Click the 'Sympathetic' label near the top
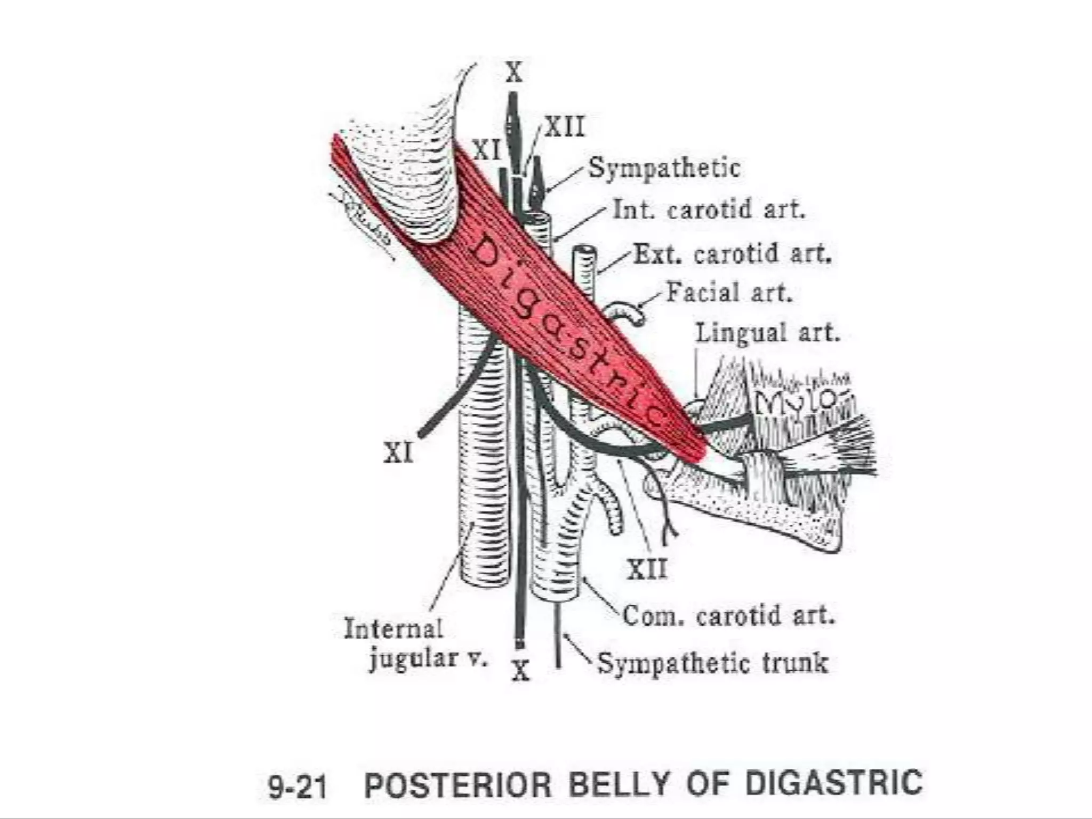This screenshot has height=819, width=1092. [664, 168]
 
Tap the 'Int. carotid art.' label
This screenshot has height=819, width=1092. [709, 210]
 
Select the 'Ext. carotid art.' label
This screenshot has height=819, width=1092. [733, 254]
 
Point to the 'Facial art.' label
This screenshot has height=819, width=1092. [729, 293]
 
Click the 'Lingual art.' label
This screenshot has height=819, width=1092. [767, 333]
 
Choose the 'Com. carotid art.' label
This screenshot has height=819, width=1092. [728, 616]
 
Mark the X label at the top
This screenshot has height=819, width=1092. [514, 73]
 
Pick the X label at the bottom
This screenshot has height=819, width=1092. [520, 670]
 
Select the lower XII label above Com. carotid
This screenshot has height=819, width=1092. [647, 569]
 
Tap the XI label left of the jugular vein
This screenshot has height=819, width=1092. [398, 454]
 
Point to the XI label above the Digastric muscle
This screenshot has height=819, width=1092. [487, 150]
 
